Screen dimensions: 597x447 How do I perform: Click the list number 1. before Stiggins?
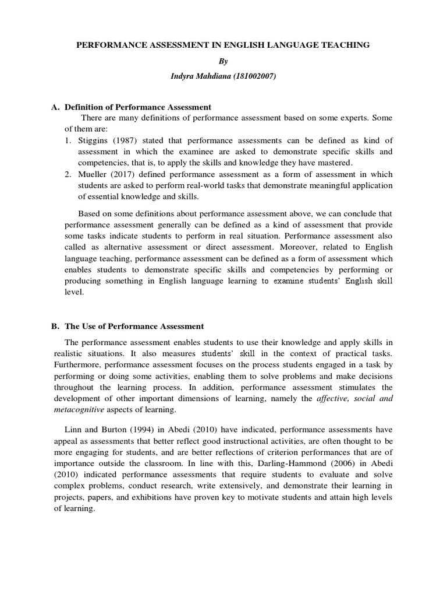pyautogui.click(x=68, y=141)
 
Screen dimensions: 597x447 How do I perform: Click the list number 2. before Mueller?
pyautogui.click(x=68, y=174)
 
